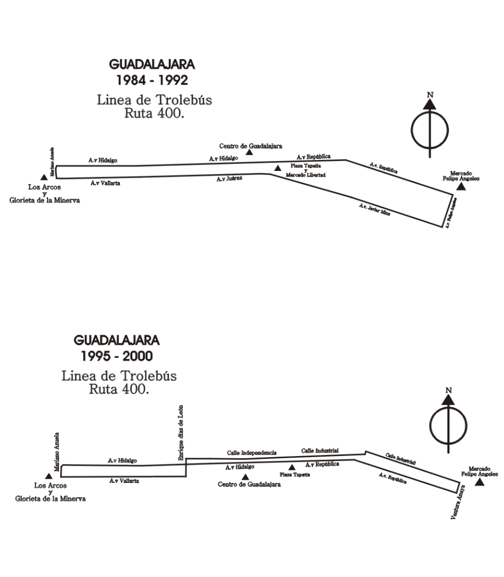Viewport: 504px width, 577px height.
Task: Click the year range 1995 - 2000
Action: point(117,356)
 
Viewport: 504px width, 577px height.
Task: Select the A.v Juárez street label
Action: point(229,179)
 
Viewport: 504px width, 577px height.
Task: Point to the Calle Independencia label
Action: point(252,453)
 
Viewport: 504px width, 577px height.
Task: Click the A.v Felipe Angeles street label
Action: point(452,212)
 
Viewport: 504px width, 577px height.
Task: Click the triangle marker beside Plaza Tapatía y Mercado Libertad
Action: point(278,168)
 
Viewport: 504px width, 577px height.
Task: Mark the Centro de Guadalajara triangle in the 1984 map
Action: point(249,152)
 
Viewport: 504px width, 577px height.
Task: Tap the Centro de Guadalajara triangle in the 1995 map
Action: point(245,476)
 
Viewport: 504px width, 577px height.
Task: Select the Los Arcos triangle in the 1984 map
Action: point(44,178)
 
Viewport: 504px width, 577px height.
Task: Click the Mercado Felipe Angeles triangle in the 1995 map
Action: point(480,482)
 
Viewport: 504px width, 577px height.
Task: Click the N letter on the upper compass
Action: point(429,95)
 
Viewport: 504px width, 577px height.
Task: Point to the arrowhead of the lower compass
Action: point(448,400)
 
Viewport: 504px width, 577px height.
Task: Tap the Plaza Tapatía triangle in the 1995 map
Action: point(292,467)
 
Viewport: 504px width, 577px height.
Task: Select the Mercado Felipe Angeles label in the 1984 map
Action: point(464,176)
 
